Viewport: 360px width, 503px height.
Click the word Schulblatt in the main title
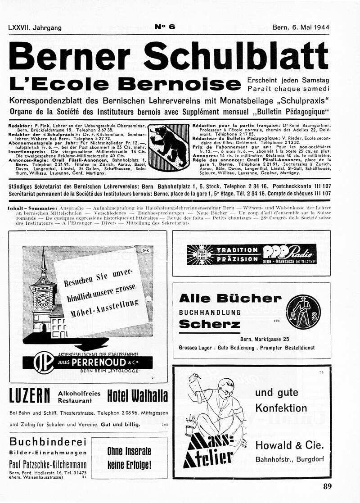[x=236, y=56]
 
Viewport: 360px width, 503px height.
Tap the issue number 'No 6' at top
[x=165, y=27]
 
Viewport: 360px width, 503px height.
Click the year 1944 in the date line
[x=319, y=27]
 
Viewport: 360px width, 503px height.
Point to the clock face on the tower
[x=43, y=299]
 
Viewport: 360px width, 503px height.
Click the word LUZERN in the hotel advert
[x=29, y=396]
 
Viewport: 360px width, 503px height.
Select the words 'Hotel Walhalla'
[x=137, y=396]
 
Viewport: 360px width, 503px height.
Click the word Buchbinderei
[x=48, y=441]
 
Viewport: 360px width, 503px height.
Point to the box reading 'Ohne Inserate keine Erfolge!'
[x=129, y=458]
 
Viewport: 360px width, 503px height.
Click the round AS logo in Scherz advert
[x=304, y=310]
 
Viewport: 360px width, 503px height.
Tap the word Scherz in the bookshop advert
[x=210, y=324]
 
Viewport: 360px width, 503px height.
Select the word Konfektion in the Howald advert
[x=281, y=408]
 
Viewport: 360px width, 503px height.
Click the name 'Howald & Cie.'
[x=289, y=445]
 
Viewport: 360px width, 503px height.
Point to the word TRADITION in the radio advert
[x=237, y=250]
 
